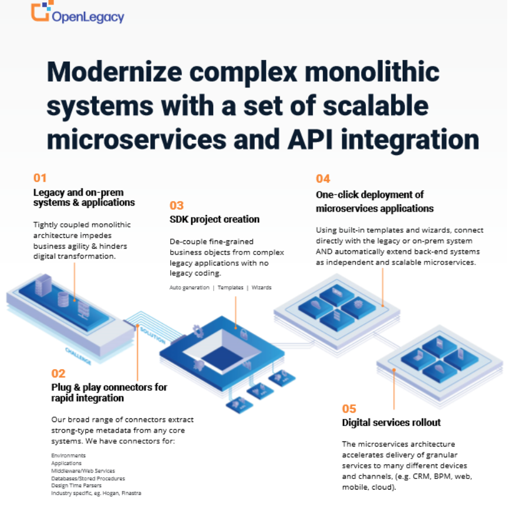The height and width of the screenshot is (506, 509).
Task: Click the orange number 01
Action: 39,178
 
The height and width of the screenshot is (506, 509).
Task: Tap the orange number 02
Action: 58,373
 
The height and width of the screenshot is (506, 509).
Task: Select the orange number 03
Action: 176,206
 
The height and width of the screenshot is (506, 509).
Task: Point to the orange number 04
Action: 323,179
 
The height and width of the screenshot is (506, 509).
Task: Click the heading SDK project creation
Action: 214,219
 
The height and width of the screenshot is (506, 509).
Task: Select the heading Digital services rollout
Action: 391,423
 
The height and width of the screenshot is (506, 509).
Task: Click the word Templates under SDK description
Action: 230,288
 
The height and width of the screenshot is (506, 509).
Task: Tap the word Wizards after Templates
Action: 261,288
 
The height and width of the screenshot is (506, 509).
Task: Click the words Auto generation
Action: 189,288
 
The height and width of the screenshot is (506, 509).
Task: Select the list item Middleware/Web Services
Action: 83,471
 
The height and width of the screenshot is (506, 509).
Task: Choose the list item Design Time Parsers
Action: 76,485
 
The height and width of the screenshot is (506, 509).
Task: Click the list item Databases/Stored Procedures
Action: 89,478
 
